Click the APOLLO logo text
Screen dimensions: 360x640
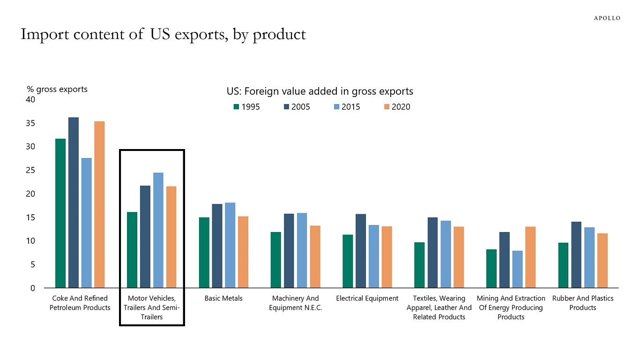[x=607, y=18]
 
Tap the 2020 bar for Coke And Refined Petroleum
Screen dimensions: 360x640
[x=99, y=204]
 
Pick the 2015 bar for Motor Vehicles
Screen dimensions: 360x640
[x=158, y=230]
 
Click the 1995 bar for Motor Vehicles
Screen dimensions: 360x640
[x=132, y=250]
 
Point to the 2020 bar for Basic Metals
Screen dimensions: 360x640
[x=243, y=252]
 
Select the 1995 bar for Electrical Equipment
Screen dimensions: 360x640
[x=348, y=261]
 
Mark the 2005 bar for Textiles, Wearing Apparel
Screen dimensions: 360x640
[x=432, y=253]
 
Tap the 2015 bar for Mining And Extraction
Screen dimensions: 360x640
[x=517, y=269]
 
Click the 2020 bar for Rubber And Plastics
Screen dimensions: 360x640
[x=602, y=261]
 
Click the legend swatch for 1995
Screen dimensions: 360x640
[x=237, y=107]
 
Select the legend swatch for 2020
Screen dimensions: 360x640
[x=387, y=107]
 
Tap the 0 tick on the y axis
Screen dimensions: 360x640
[x=33, y=288]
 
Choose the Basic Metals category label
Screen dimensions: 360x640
[x=223, y=299]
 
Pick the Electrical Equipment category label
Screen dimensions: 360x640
[x=367, y=299]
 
